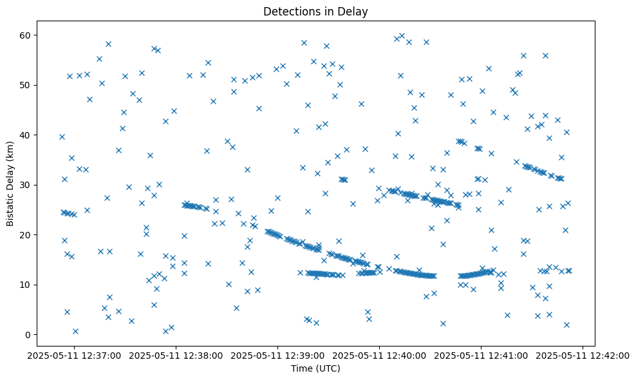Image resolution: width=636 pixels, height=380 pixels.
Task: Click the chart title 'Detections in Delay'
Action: click(316, 11)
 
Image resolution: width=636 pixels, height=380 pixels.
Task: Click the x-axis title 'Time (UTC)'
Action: click(316, 368)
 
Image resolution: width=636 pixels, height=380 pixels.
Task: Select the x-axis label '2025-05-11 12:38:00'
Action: click(176, 355)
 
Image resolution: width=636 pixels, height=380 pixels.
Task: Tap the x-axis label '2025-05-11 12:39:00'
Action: click(277, 355)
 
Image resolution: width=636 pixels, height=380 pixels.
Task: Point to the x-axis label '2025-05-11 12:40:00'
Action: click(380, 355)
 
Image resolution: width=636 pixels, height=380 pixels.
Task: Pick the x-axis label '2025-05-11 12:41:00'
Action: click(482, 355)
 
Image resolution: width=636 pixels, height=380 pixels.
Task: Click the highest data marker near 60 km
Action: click(402, 36)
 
